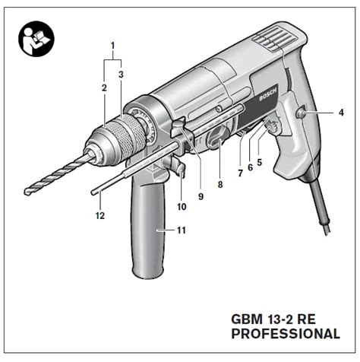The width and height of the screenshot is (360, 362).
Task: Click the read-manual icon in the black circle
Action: (36, 39)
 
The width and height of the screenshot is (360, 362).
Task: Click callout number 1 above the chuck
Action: (112, 46)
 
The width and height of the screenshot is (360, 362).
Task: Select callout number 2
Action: (104, 88)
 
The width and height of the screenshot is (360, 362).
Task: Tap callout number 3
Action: (121, 75)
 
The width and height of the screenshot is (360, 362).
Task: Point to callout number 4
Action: (341, 113)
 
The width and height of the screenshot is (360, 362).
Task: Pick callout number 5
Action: (259, 162)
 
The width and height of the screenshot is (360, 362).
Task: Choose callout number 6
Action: (250, 167)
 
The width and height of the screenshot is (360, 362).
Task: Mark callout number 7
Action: (240, 173)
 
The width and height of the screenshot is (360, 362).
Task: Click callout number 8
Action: (220, 185)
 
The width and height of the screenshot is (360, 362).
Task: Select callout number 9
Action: (201, 196)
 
